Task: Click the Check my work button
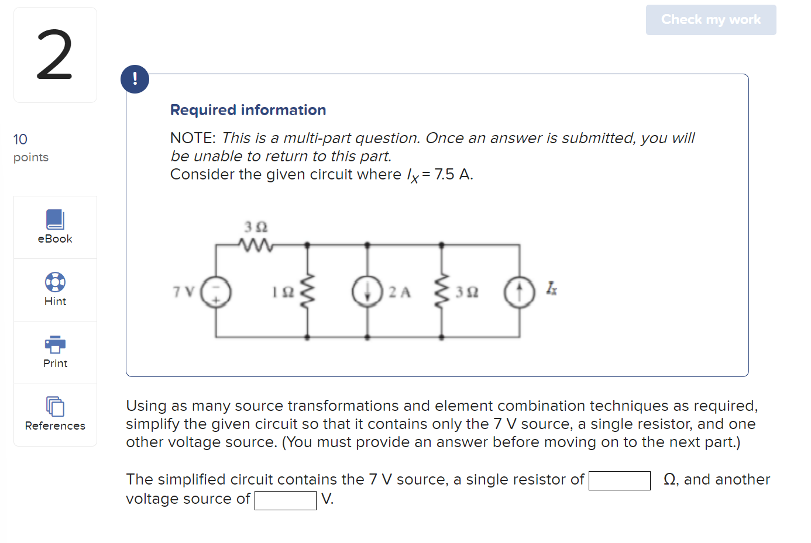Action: point(710,20)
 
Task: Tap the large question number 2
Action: point(55,55)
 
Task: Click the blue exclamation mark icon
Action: point(135,79)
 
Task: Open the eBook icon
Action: point(55,220)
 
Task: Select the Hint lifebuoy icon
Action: point(55,282)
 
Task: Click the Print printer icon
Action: point(55,344)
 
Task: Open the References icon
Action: point(55,406)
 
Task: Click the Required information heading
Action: point(248,110)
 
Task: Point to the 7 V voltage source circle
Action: point(216,292)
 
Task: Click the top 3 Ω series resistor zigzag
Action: point(256,245)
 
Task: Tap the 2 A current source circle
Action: point(367,292)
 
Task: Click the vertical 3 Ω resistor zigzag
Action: point(441,290)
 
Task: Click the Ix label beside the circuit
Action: point(551,288)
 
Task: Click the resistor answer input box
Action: point(619,480)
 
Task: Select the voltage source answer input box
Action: point(286,500)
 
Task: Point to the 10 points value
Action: point(20,139)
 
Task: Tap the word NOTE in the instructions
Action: point(193,138)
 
